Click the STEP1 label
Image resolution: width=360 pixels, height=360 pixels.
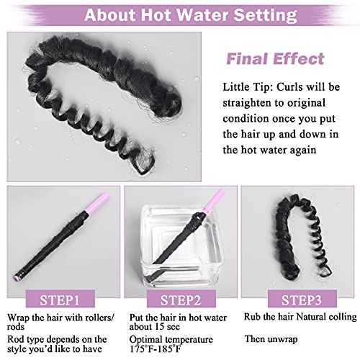pyautogui.click(x=60, y=300)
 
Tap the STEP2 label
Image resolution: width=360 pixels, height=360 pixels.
pyautogui.click(x=181, y=300)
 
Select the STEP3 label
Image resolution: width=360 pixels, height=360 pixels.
pyautogui.click(x=302, y=300)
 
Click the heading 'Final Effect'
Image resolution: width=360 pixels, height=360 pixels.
pyautogui.click(x=275, y=59)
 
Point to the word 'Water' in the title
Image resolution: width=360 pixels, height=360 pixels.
pyautogui.click(x=203, y=15)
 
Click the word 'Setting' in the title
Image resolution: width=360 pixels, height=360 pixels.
pyautogui.click(x=265, y=16)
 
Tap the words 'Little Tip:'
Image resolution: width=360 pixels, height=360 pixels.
pyautogui.click(x=248, y=87)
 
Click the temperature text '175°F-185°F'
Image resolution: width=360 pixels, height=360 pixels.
pyautogui.click(x=156, y=348)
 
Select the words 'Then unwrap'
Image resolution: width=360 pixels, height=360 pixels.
pyautogui.click(x=271, y=339)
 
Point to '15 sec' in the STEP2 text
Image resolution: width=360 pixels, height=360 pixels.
pyautogui.click(x=166, y=327)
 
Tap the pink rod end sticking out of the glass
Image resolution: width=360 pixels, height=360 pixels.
pyautogui.click(x=214, y=201)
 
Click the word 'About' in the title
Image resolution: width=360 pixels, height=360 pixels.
pyautogui.click(x=111, y=15)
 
